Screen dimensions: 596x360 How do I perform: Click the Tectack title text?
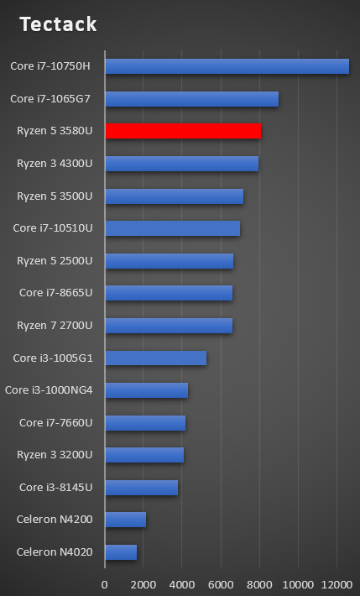click(x=58, y=24)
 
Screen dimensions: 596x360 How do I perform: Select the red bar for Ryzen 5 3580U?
click(x=183, y=131)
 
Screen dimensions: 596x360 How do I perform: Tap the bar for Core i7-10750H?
click(x=227, y=66)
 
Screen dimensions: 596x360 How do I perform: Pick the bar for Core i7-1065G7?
click(x=191, y=99)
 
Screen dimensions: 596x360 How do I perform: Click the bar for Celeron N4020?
click(x=121, y=552)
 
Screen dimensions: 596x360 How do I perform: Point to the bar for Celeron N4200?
click(x=126, y=520)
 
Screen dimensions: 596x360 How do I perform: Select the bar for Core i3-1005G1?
click(x=155, y=358)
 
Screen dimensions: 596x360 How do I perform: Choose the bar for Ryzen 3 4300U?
click(x=181, y=164)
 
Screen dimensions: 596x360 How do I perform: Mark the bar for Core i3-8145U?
click(x=141, y=487)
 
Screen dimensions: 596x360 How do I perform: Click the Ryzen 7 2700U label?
click(x=55, y=326)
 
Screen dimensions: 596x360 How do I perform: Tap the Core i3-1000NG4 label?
click(x=49, y=390)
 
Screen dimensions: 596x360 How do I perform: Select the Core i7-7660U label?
click(x=56, y=422)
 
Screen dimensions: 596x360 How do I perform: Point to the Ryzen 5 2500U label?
click(x=55, y=261)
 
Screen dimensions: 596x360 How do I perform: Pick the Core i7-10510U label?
click(x=53, y=228)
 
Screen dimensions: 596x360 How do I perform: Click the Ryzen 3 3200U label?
click(x=55, y=455)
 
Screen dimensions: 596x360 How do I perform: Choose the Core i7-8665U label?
click(x=56, y=293)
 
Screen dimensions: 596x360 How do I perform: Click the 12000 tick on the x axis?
click(x=336, y=584)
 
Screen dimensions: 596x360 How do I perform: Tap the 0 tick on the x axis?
click(x=105, y=584)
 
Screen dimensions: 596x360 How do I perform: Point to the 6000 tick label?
click(x=221, y=584)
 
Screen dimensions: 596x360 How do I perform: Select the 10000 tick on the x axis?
click(x=297, y=584)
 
